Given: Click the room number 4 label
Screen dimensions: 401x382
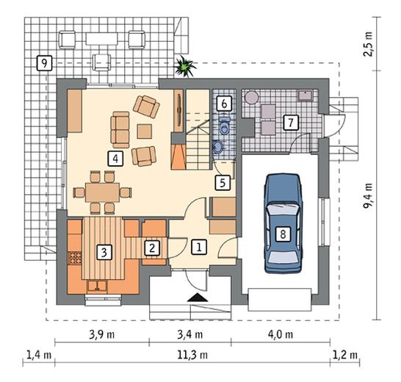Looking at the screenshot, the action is [x=115, y=159].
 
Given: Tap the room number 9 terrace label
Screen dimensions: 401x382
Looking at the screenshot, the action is [x=44, y=63].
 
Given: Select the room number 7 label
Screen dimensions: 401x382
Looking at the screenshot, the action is [x=291, y=123].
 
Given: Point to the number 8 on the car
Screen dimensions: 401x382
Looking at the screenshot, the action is [x=283, y=234].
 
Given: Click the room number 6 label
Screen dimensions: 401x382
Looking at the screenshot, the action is [x=224, y=104].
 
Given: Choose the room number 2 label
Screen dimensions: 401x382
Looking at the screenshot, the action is [x=152, y=248].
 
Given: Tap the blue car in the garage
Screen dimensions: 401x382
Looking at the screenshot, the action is [x=283, y=223].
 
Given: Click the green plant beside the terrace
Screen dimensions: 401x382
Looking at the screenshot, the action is [x=184, y=67].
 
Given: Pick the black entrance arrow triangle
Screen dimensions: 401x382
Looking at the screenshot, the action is [x=198, y=298].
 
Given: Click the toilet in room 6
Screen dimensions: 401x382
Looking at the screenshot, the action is [x=225, y=126].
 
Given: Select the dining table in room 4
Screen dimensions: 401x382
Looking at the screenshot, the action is [x=102, y=192].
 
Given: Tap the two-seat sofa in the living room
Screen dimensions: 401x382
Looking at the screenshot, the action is [x=120, y=130].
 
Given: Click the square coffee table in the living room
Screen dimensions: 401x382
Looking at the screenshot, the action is [x=144, y=131].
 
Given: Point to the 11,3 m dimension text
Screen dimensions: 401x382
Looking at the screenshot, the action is [x=192, y=355].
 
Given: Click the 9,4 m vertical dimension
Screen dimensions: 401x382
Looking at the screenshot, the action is [x=368, y=195].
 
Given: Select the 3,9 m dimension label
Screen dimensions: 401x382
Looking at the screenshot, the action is [x=102, y=334].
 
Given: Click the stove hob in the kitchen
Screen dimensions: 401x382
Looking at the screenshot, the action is [x=75, y=259].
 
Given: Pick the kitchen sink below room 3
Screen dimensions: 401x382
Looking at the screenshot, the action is [x=97, y=286].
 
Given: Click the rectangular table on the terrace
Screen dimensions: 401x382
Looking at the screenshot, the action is [x=102, y=39].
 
